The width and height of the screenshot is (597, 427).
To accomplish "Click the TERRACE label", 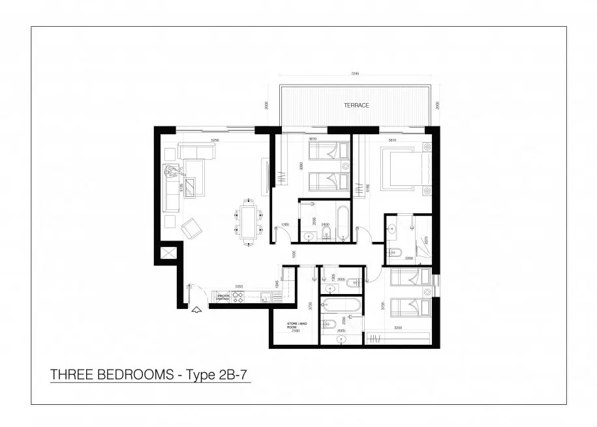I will click(x=357, y=105).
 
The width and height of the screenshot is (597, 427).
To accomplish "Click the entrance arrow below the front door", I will click(x=195, y=311).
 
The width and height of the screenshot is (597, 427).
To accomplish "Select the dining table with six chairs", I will click(x=249, y=223).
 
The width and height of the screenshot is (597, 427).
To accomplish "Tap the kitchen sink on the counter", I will click(x=266, y=297).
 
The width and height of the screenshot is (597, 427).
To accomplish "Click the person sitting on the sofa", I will click(x=172, y=173).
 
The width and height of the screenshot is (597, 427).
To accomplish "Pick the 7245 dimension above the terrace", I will click(x=354, y=74).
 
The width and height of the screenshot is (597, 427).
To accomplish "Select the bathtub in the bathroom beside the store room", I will click(x=341, y=304).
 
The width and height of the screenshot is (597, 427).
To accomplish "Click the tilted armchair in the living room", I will click(x=191, y=228).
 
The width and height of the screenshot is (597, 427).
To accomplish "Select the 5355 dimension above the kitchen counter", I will click(x=239, y=286).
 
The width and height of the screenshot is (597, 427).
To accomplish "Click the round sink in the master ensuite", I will click(x=392, y=229).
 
